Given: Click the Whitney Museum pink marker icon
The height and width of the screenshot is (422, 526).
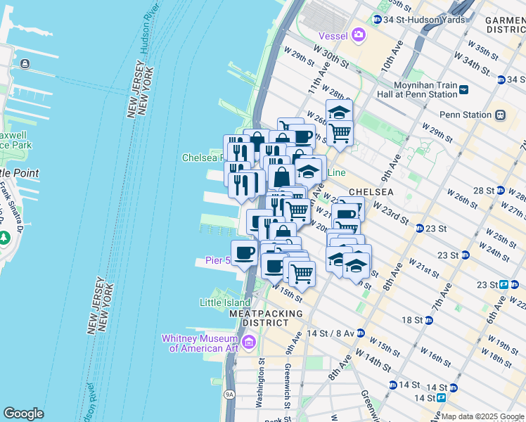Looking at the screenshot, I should click(x=248, y=343).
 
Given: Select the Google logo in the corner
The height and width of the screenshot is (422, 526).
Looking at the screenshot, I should click(x=23, y=414).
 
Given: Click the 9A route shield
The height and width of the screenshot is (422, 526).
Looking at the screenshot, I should click(x=229, y=395).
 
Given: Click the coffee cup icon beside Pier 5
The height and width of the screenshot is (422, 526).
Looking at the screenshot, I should click(x=244, y=252).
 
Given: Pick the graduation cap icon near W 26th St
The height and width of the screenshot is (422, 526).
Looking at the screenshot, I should click(x=339, y=112).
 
